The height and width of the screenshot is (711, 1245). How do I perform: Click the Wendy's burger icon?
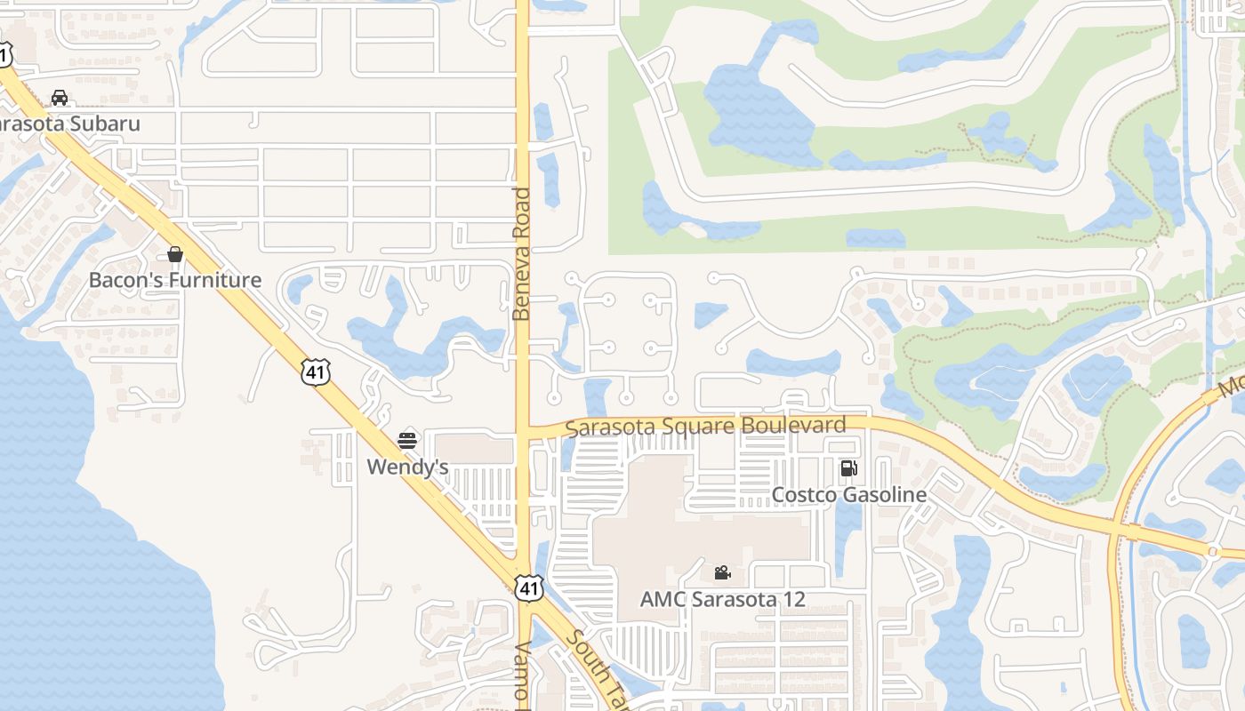407,440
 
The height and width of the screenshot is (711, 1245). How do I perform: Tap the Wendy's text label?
407,467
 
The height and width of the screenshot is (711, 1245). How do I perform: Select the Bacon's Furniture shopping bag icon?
175,254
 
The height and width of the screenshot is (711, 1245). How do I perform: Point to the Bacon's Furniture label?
175,280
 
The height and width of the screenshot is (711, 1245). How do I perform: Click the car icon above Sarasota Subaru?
60,98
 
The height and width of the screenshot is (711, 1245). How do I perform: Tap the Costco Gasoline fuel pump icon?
849,468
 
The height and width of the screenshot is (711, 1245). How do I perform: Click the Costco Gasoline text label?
849,495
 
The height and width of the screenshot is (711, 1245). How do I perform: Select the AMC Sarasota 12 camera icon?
722,573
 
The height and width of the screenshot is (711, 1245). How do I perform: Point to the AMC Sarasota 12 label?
722,599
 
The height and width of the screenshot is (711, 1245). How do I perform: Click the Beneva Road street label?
522,254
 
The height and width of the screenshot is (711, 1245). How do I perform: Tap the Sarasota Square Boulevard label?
705,427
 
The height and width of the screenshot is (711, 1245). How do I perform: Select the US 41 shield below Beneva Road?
529,587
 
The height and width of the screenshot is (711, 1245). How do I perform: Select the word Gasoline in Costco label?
882,495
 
